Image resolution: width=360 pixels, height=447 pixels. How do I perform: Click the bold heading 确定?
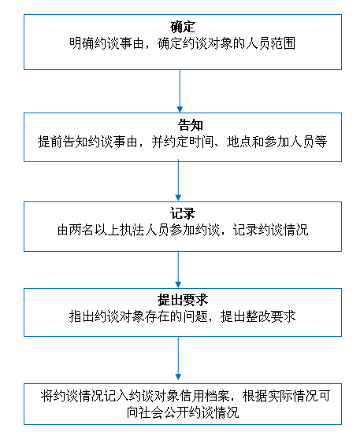click(x=183, y=27)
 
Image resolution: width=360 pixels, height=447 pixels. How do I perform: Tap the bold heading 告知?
click(x=191, y=125)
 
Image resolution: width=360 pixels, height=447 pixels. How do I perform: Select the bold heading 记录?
click(x=183, y=213)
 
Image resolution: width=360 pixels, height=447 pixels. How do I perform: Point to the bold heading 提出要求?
click(x=183, y=300)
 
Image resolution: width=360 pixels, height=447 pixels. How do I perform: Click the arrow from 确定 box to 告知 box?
click(x=180, y=91)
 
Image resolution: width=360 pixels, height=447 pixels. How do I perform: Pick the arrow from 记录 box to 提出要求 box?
click(x=178, y=270)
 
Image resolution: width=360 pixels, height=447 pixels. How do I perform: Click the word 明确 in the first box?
click(x=82, y=43)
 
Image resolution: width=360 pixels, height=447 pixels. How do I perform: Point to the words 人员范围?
click(x=270, y=43)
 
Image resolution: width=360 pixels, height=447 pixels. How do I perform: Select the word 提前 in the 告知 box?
click(x=50, y=142)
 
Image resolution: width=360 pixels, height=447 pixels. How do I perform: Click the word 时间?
click(x=202, y=142)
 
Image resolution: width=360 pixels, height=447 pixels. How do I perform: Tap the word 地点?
click(x=239, y=142)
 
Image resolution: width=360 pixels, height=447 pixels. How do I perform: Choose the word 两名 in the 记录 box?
click(x=82, y=230)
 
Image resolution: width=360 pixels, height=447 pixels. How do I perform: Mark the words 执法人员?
click(x=145, y=230)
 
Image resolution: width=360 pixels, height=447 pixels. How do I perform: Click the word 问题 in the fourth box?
click(x=195, y=316)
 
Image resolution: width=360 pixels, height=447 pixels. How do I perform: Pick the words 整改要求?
click(x=270, y=316)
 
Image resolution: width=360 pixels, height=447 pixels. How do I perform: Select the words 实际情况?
click(x=293, y=396)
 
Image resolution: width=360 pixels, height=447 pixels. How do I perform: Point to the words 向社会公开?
click(x=158, y=412)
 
